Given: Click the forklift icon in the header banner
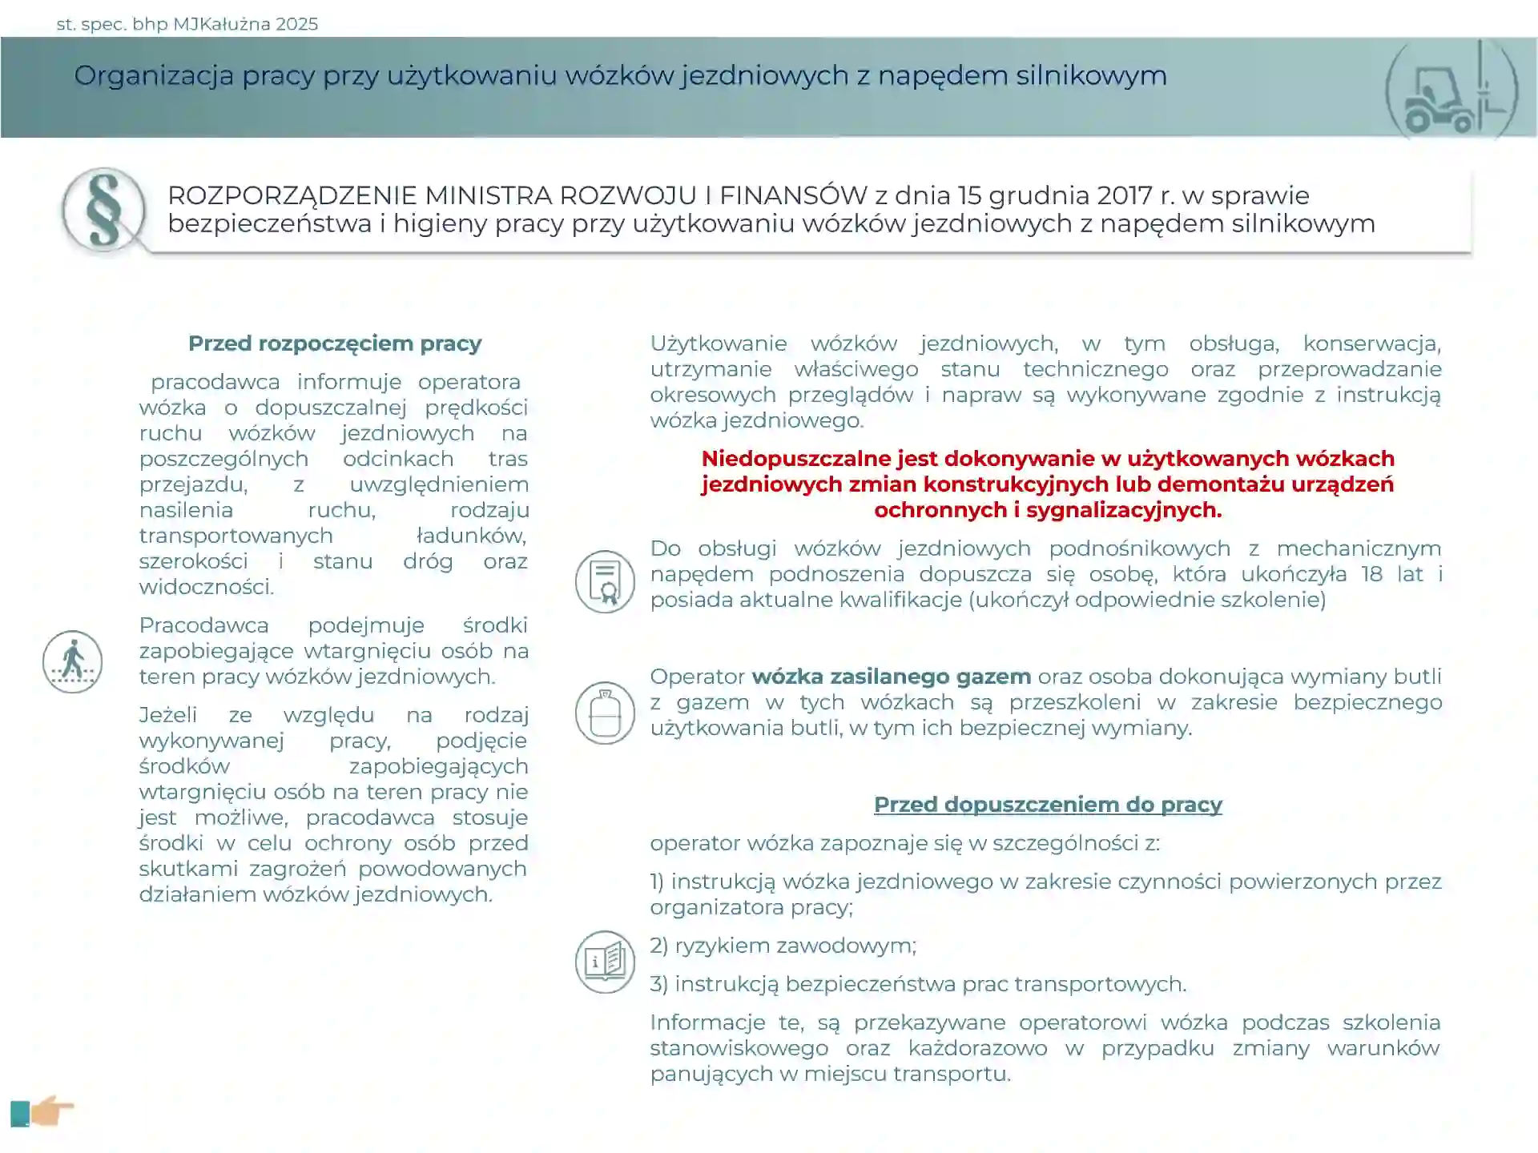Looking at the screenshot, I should point(1451,90).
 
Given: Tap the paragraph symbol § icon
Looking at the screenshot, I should point(104,210).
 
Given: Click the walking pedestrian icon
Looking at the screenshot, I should point(73,661).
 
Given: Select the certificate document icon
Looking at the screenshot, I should point(605,581).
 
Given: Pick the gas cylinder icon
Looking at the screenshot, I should point(605,713).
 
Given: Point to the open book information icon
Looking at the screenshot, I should point(605,962).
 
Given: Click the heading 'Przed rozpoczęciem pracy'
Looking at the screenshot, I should point(335,343).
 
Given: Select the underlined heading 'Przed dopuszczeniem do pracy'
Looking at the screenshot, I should point(1048,805).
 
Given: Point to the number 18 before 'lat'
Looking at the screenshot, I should point(1371,574).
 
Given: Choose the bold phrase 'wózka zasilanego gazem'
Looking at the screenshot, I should point(891,677).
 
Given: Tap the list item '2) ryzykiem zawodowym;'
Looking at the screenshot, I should point(783,946).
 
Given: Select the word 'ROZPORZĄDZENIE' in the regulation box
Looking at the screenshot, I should point(292,195).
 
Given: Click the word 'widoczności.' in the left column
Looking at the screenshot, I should point(207,587).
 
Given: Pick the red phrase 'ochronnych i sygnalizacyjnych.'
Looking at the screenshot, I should point(1048,510).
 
